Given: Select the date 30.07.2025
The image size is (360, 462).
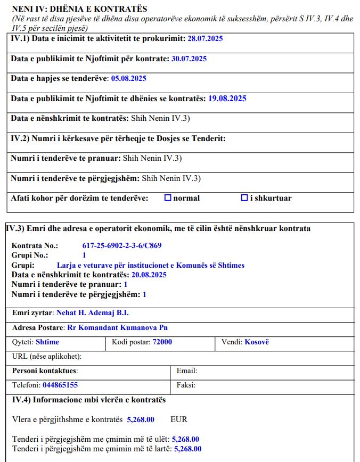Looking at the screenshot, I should (x=189, y=59).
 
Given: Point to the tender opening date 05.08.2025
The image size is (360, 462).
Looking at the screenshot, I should (x=128, y=78).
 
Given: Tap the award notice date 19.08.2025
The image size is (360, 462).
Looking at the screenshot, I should (x=227, y=98).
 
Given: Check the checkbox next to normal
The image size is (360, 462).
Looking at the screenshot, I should (x=168, y=198).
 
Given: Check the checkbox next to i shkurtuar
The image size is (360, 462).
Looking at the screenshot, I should (x=244, y=198).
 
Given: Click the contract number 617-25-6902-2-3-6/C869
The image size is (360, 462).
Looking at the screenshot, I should (x=122, y=246).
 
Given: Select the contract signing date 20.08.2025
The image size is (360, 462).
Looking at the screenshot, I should (x=149, y=275).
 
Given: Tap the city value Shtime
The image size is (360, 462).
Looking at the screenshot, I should (x=47, y=342).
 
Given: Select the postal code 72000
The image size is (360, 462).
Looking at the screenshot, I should (x=162, y=342).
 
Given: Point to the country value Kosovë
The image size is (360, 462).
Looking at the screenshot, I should (x=257, y=342).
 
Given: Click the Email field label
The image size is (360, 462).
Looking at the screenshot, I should (x=187, y=370).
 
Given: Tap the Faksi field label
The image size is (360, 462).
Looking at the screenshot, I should (x=186, y=385).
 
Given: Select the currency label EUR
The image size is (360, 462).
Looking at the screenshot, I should (x=179, y=419).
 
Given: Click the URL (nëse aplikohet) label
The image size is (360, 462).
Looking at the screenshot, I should (x=47, y=356).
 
